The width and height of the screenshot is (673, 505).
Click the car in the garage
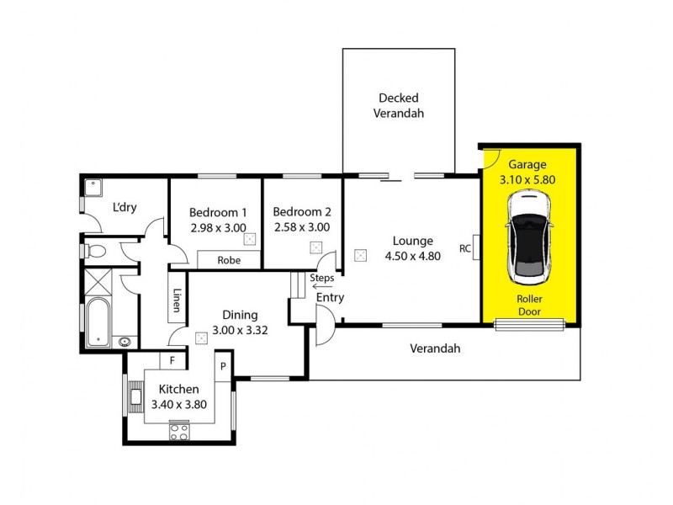coord(528,238)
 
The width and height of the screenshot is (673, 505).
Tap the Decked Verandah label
coord(399,105)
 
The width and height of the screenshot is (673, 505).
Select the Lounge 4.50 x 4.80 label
coord(412,247)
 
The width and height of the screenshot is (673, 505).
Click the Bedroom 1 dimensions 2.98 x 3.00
coord(217,226)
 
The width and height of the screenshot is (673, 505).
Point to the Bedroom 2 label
coord(302,212)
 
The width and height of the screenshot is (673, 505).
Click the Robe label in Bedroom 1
coord(229,260)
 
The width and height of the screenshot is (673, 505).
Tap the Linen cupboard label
coord(178,300)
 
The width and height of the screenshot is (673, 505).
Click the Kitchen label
coord(178,389)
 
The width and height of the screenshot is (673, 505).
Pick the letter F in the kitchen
coord(172,361)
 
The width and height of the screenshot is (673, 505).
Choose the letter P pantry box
coord(224,366)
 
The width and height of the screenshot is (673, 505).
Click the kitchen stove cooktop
coord(179,433)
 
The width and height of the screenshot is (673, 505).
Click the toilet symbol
coord(97,250)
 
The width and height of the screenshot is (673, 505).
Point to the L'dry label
coord(125,207)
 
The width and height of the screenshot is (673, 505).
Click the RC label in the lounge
coord(465,248)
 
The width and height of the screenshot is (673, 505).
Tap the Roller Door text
coord(529,305)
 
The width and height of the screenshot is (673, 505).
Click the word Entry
coord(330,298)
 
